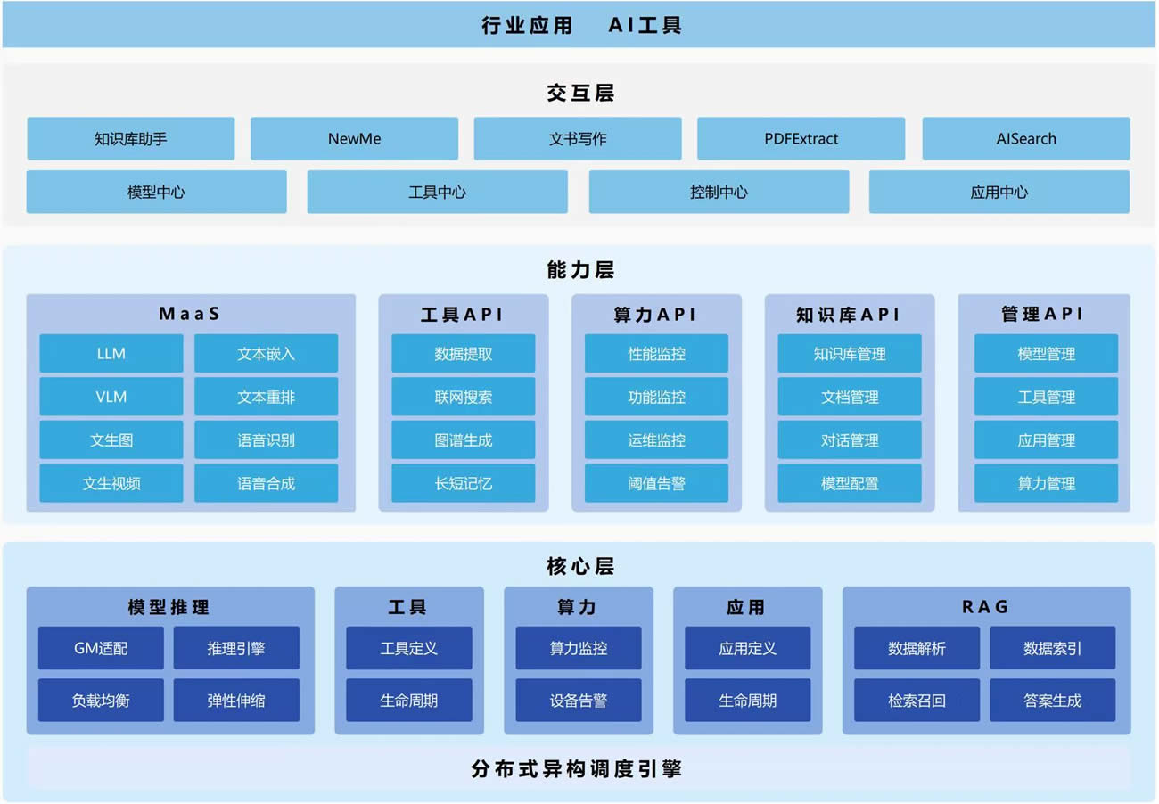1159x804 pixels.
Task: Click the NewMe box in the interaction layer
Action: tap(354, 139)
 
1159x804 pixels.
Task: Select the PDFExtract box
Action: tap(801, 139)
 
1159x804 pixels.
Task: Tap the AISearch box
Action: tap(1025, 139)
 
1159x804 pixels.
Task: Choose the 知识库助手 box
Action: tap(130, 139)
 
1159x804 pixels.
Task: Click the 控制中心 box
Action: tap(719, 193)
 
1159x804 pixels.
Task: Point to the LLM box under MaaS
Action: tap(111, 354)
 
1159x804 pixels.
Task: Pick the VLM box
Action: tap(111, 397)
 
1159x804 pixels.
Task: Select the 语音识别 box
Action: tap(266, 440)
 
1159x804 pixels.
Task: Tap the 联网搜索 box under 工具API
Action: tap(463, 397)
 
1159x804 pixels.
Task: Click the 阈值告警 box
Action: tap(656, 484)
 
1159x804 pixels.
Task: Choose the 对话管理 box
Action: tap(850, 440)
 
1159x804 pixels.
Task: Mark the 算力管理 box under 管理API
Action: tap(1046, 484)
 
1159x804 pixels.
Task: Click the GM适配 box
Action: tap(101, 649)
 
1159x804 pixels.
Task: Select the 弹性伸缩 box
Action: tap(236, 701)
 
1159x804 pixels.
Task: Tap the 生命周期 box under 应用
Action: tap(747, 701)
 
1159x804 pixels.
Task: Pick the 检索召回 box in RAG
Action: tap(917, 701)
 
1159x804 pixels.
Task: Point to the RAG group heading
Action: tap(985, 607)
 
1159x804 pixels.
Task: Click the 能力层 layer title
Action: tap(579, 270)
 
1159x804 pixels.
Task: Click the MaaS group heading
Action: tap(189, 314)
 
